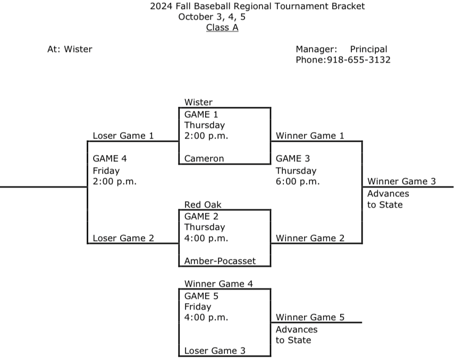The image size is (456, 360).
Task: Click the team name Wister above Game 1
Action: coord(198,102)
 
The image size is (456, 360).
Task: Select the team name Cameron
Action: coord(204,158)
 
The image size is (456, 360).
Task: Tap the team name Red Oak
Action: coord(203,204)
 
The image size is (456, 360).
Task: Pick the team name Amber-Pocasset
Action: coord(220,261)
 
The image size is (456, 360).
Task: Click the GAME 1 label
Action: coord(201,114)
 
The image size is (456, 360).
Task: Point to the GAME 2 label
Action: coord(201,216)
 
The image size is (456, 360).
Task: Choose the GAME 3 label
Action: coord(293,158)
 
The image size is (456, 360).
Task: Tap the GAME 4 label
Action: coord(110,158)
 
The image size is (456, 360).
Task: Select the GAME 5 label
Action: coord(201,296)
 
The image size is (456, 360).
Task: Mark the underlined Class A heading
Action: coord(222,28)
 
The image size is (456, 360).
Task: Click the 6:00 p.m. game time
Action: coord(298,182)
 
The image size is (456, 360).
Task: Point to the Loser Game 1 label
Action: coord(123,135)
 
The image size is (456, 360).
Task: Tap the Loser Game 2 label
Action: coord(123,238)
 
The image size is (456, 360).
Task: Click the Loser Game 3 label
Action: coord(215,350)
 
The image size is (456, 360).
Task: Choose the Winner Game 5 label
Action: coord(310,318)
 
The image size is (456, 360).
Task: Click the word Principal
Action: coord(368,49)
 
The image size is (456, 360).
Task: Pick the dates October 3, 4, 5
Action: coord(212,17)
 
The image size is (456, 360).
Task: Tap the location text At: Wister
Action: coord(70,49)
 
